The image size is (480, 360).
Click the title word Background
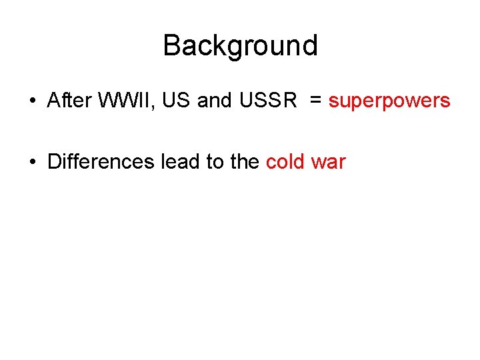pos(240,46)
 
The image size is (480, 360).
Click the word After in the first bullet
pos(69,101)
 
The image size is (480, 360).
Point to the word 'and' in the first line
pos(214,101)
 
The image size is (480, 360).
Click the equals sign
pos(316,101)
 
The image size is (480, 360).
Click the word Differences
pos(101,161)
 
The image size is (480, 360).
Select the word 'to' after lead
pos(214,161)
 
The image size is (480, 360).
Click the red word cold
pos(286,161)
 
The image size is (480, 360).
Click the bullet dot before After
pos(32,101)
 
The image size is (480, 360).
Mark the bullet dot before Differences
pos(32,162)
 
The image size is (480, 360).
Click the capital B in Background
pos(171,46)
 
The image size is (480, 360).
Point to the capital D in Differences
pos(54,161)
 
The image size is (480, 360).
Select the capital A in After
pos(54,101)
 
